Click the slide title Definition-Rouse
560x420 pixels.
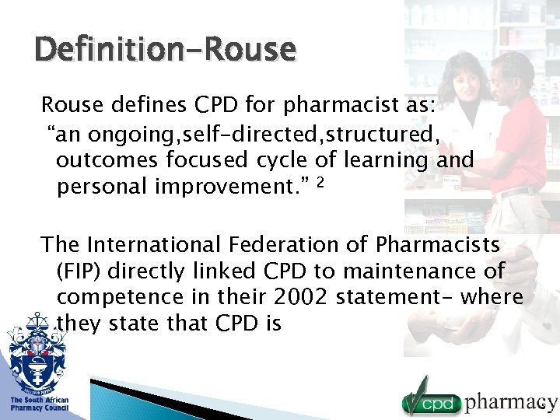(165, 50)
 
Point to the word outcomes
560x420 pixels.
(105, 161)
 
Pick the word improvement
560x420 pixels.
(225, 187)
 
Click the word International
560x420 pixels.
(156, 245)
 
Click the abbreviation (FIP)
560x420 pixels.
(79, 271)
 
